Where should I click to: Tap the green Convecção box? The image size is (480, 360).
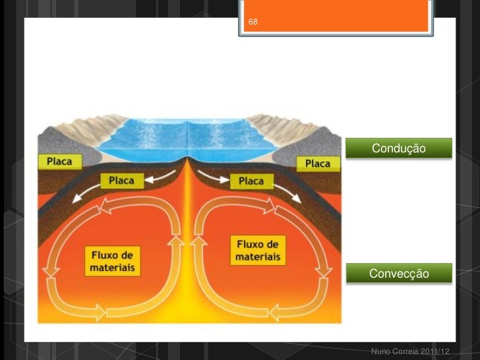click(x=399, y=273)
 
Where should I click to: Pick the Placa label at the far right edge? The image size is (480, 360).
click(x=317, y=162)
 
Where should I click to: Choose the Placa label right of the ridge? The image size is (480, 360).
click(x=251, y=181)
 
